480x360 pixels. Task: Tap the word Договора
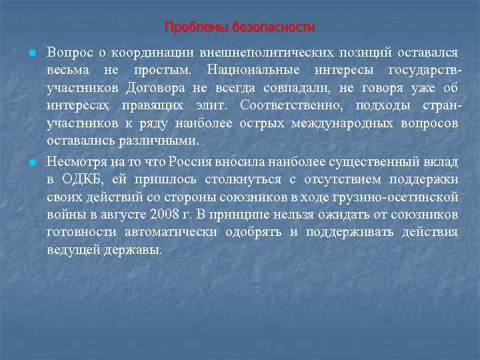tap(171, 88)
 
